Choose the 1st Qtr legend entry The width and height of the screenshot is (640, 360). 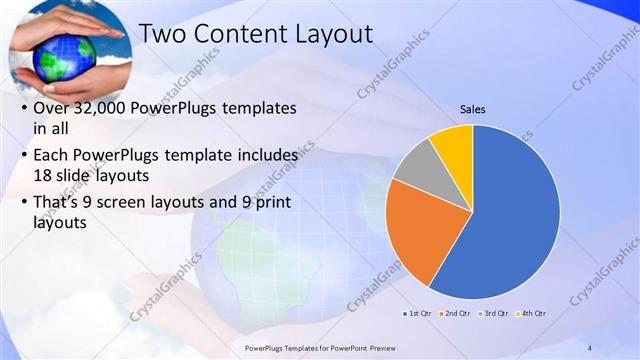tap(417, 313)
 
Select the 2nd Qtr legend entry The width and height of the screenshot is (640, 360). tap(456, 313)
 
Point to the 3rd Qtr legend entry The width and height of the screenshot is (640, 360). tap(495, 313)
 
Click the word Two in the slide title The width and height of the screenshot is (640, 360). tap(161, 33)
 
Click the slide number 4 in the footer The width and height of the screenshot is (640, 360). tap(590, 347)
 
